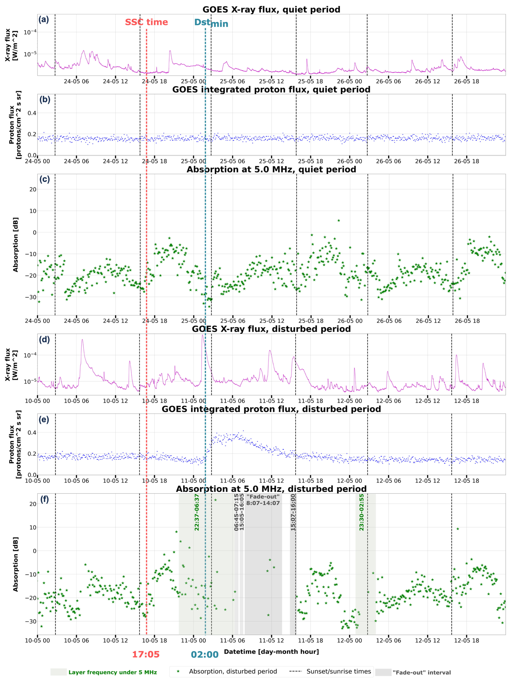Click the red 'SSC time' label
[x=146, y=22]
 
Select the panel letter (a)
[x=44, y=20]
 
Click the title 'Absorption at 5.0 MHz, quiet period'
[x=271, y=169]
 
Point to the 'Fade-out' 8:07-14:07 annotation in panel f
[x=263, y=500]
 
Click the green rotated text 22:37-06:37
[x=197, y=512]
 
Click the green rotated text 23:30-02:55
[x=361, y=512]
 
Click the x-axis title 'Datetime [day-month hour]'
[x=271, y=651]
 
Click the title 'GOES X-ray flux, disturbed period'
[x=271, y=329]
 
